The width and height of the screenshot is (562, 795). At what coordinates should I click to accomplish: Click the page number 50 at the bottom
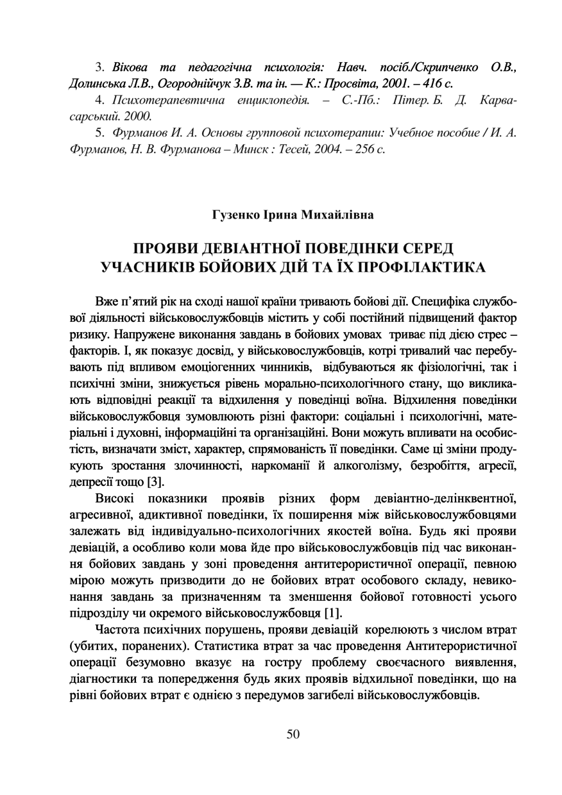(x=293, y=735)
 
